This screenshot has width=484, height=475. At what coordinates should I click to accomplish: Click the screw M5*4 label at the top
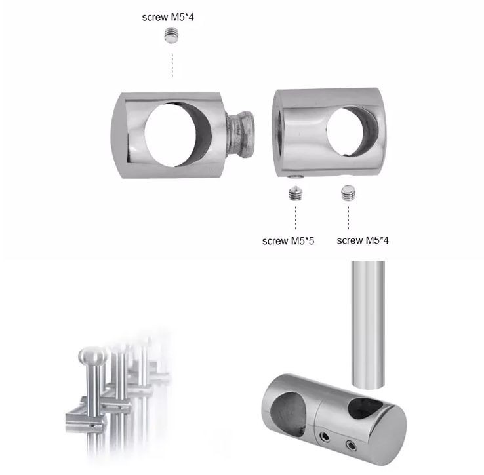(x=168, y=17)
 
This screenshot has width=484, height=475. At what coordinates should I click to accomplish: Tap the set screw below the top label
(x=172, y=35)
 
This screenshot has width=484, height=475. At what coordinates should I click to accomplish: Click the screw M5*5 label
(x=288, y=241)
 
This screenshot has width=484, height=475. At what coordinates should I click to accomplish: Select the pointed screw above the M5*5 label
(x=296, y=194)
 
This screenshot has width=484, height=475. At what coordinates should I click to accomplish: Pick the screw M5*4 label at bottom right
(x=363, y=240)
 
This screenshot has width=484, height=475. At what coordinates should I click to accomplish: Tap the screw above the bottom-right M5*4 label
(x=348, y=193)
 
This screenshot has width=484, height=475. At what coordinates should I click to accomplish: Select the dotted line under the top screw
(x=172, y=65)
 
